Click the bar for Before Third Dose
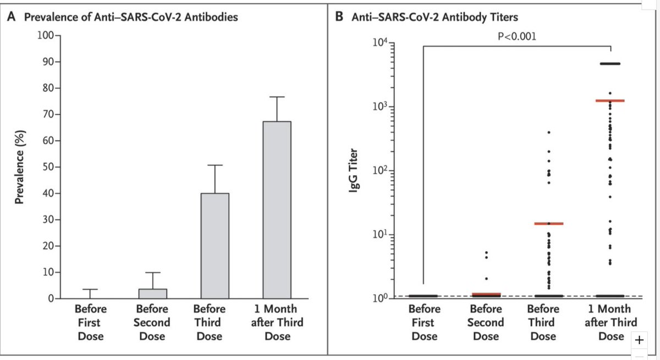click(x=215, y=246)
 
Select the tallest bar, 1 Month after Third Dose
click(x=277, y=210)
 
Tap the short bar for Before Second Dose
click(x=153, y=293)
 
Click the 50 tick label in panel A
click(x=48, y=167)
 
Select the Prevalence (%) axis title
click(x=20, y=167)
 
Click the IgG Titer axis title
click(x=353, y=171)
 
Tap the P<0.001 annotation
click(x=517, y=36)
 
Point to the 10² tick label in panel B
click(x=380, y=170)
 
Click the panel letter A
click(x=12, y=16)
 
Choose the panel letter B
click(x=339, y=16)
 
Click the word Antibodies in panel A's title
click(x=211, y=17)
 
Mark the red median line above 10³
click(x=610, y=101)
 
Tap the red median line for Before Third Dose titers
click(x=549, y=224)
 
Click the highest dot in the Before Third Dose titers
click(x=549, y=132)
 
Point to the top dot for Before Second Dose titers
click(x=486, y=253)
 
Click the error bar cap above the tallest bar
click(x=277, y=97)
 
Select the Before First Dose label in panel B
click(x=424, y=322)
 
